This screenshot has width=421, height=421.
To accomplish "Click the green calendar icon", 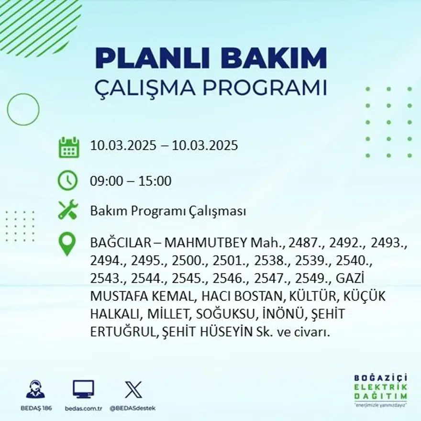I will pyautogui.click(x=68, y=147).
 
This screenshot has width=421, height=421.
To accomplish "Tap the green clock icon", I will pyautogui.click(x=67, y=181).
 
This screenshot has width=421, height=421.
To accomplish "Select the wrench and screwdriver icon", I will pyautogui.click(x=67, y=210).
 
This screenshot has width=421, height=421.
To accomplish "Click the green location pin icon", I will pyautogui.click(x=67, y=243).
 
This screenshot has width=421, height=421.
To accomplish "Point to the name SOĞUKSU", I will pyautogui.click(x=224, y=314).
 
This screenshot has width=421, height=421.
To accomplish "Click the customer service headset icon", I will pyautogui.click(x=35, y=389).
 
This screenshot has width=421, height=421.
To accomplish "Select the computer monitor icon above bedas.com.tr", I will pyautogui.click(x=83, y=389).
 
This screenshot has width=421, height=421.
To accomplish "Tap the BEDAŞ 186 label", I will pyautogui.click(x=36, y=408).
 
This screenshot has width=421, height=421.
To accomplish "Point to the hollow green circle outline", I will pyautogui.click(x=23, y=110).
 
